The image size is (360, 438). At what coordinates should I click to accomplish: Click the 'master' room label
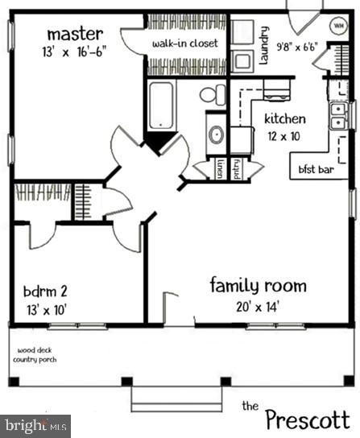74,34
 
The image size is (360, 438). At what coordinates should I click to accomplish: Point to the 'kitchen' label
285,118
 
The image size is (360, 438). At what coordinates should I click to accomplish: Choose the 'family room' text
258,285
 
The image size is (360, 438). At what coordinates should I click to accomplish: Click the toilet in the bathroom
213,95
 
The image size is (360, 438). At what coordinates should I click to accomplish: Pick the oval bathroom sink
216,134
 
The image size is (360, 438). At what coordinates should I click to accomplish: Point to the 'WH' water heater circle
339,24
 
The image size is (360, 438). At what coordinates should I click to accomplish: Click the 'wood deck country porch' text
38,355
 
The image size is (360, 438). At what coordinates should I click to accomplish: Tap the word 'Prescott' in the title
307,419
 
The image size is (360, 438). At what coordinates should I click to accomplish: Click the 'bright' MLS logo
35,425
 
